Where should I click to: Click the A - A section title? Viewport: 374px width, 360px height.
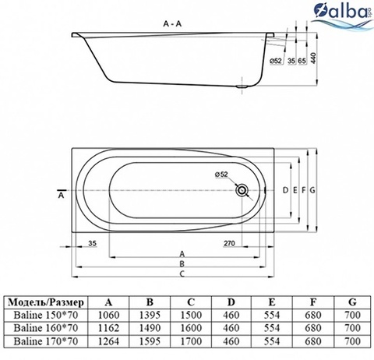click(172, 23)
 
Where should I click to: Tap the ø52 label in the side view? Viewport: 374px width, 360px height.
click(276, 61)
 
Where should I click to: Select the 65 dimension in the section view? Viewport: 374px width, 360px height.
click(302, 61)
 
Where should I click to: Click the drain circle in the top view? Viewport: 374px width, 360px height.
click(242, 190)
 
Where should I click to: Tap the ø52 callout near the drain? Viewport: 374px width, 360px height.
click(221, 175)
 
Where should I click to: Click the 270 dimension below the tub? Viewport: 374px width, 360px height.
click(229, 243)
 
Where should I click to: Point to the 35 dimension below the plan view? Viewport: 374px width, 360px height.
click(92, 243)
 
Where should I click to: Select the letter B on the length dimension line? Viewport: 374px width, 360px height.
click(182, 263)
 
